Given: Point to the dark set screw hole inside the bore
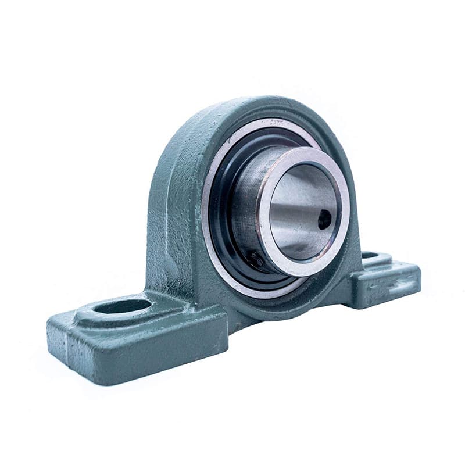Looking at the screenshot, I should coord(324,219).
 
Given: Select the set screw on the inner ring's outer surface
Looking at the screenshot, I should coord(254,259).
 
